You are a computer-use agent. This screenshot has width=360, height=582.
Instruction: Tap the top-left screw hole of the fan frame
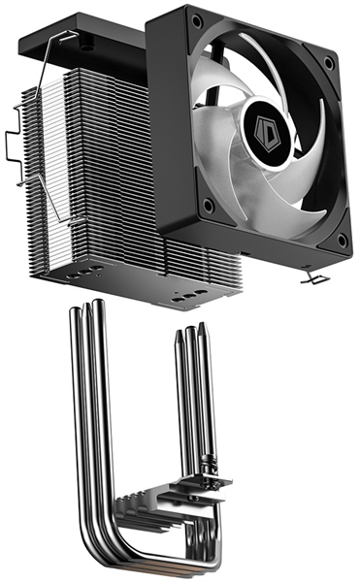click(x=196, y=20)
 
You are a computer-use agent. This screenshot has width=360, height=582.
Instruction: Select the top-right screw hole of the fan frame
click(x=329, y=64)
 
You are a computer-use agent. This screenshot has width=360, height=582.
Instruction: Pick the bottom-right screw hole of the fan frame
click(x=341, y=239)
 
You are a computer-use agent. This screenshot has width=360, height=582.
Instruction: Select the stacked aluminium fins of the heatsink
click(x=97, y=175)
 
